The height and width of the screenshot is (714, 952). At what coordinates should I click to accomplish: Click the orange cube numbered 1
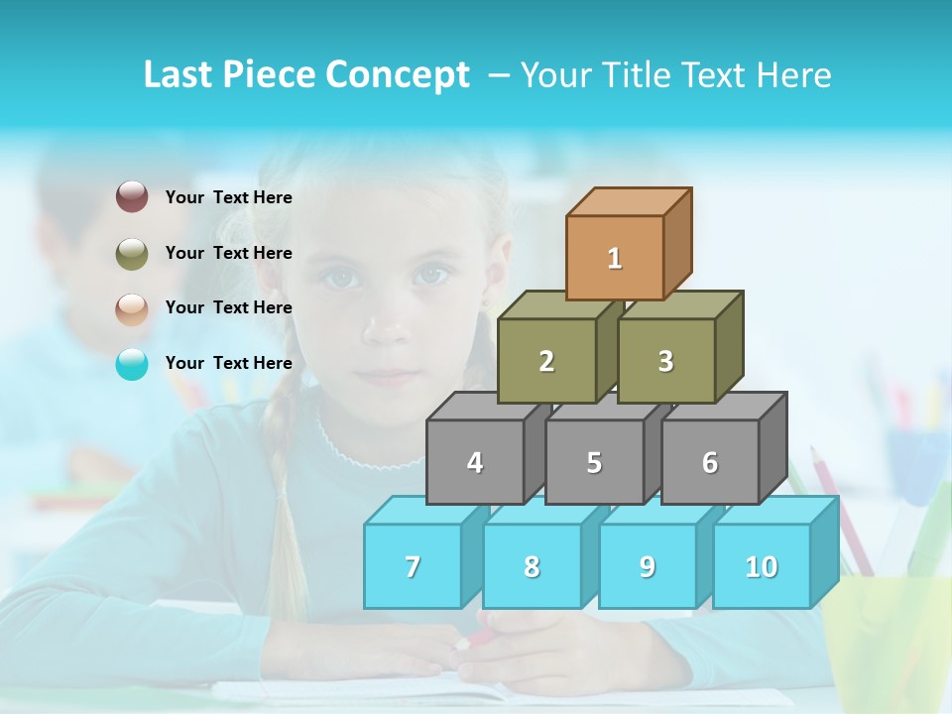[615, 258]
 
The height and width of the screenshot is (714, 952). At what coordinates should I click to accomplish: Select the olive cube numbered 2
[546, 361]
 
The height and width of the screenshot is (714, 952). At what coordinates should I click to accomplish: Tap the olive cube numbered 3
[666, 361]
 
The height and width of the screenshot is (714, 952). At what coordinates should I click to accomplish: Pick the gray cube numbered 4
[475, 462]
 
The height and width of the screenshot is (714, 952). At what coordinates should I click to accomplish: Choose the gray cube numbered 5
[594, 462]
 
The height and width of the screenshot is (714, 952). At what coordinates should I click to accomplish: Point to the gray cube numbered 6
[710, 462]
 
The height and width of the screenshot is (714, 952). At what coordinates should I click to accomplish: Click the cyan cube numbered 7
[413, 566]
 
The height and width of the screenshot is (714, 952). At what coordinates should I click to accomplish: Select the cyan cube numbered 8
[532, 566]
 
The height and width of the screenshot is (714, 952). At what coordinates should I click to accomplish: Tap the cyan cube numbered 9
[648, 566]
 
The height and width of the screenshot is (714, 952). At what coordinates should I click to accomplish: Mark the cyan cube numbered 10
[762, 566]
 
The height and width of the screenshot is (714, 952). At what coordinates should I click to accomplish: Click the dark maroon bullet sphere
[132, 197]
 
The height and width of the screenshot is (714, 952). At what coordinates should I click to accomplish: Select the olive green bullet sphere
[132, 254]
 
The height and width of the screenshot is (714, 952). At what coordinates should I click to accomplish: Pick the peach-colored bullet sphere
[132, 309]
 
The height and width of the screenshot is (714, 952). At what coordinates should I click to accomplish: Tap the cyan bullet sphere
[132, 364]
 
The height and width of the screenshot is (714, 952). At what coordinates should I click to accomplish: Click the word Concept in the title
[398, 75]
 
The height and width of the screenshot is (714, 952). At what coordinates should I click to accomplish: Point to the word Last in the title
[178, 75]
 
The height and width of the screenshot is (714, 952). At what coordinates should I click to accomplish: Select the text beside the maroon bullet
[229, 197]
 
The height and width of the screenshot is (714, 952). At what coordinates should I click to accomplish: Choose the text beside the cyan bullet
[229, 363]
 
